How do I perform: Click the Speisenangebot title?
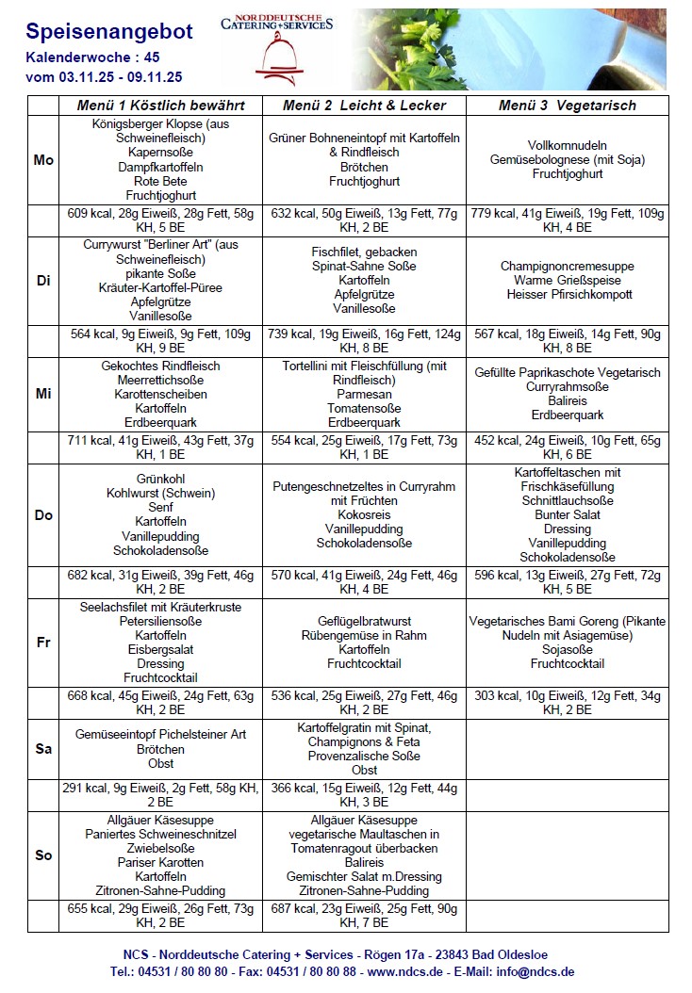[x=109, y=32]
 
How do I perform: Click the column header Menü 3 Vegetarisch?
[x=567, y=106]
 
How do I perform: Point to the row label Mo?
[x=43, y=160]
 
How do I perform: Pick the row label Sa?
[x=43, y=749]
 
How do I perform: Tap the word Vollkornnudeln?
[x=567, y=146]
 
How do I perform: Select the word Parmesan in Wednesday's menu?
[x=364, y=395]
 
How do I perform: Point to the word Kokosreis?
[x=364, y=515]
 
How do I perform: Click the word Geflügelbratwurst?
[x=364, y=621]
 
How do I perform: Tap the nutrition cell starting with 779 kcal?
[x=567, y=220]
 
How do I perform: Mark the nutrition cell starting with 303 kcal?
[x=567, y=703]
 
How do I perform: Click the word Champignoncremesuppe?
[x=567, y=267]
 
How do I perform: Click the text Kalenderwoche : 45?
[x=92, y=58]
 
